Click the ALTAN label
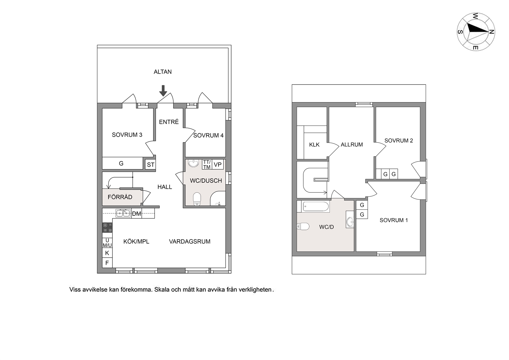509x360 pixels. [162, 72]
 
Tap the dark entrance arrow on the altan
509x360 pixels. [163, 91]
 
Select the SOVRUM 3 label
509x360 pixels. [127, 135]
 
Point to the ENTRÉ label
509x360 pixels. [169, 122]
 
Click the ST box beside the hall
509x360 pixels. [150, 165]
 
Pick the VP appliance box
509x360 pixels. [218, 165]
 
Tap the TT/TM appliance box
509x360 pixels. [207, 165]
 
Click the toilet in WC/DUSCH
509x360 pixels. [197, 199]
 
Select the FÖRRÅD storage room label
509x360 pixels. [120, 197]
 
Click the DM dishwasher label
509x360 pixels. [137, 214]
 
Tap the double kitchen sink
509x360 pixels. [123, 213]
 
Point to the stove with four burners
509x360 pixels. [107, 228]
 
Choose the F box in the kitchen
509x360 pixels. [107, 263]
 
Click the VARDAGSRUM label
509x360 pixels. [190, 242]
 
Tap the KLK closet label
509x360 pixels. [314, 145]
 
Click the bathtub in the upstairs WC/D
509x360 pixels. [316, 207]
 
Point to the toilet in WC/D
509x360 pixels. [303, 227]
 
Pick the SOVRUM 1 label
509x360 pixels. [394, 220]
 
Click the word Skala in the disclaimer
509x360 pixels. [161, 290]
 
